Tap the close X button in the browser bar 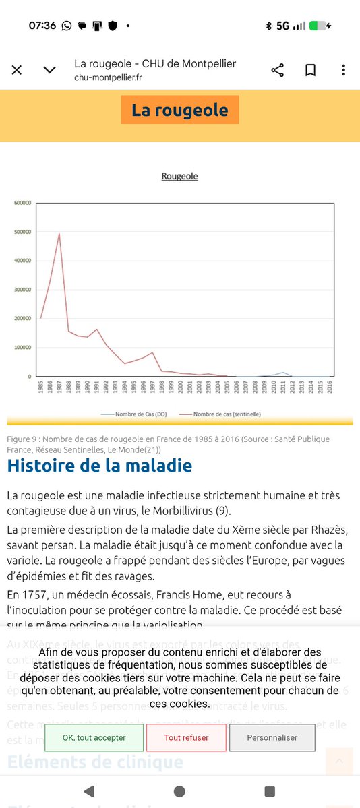click(17, 70)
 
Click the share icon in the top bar click(277, 70)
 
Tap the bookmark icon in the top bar click(310, 70)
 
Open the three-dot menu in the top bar click(344, 70)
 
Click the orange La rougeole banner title click(180, 110)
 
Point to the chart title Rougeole click(179, 176)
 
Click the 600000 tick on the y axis click(22, 203)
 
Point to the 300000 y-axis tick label click(22, 290)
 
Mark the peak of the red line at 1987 click(59, 234)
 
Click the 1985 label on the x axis click(41, 387)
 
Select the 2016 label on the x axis click(330, 387)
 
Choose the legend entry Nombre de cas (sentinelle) click(226, 414)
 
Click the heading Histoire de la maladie click(100, 466)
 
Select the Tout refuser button click(186, 737)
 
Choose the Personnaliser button click(272, 737)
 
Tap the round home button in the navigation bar click(179, 790)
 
